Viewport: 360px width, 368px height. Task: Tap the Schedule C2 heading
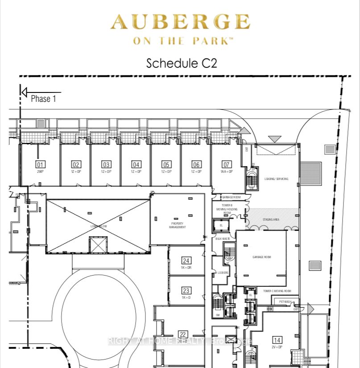(x=182, y=63)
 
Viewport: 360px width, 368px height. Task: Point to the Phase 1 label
(x=43, y=99)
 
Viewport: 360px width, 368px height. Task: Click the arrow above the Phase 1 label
(x=40, y=92)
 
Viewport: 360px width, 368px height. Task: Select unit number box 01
(x=41, y=164)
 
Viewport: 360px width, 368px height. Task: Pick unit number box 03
(x=106, y=164)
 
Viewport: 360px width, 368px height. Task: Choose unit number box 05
(x=166, y=164)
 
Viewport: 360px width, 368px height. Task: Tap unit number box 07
(x=227, y=164)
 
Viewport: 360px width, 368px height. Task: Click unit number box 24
(x=186, y=261)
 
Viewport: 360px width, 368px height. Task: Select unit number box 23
(x=186, y=290)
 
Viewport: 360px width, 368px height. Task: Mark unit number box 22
(x=182, y=334)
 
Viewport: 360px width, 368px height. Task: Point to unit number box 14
(x=277, y=339)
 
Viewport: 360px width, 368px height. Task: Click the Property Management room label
(x=178, y=225)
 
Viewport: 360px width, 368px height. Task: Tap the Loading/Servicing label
(x=276, y=179)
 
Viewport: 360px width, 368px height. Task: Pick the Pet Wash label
(x=285, y=301)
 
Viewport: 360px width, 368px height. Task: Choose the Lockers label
(x=223, y=272)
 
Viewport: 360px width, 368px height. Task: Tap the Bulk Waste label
(x=222, y=239)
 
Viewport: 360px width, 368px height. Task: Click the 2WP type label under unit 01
(x=40, y=171)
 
